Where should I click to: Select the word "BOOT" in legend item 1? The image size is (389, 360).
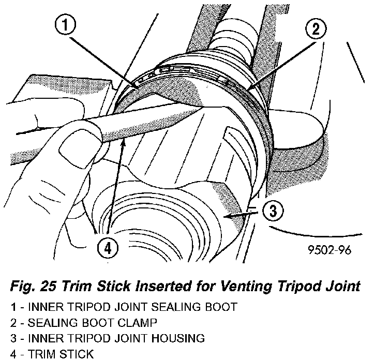[222, 307]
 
